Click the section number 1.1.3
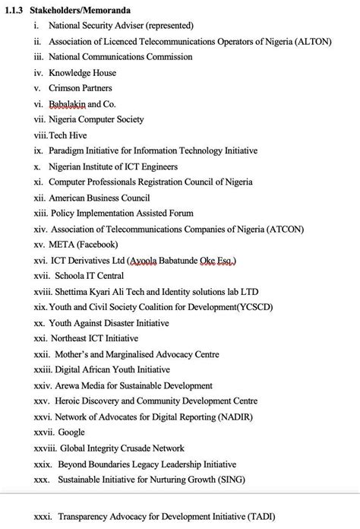click(x=15, y=10)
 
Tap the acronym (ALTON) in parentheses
click(x=311, y=41)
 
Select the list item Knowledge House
click(x=82, y=73)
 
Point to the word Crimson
click(x=65, y=88)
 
